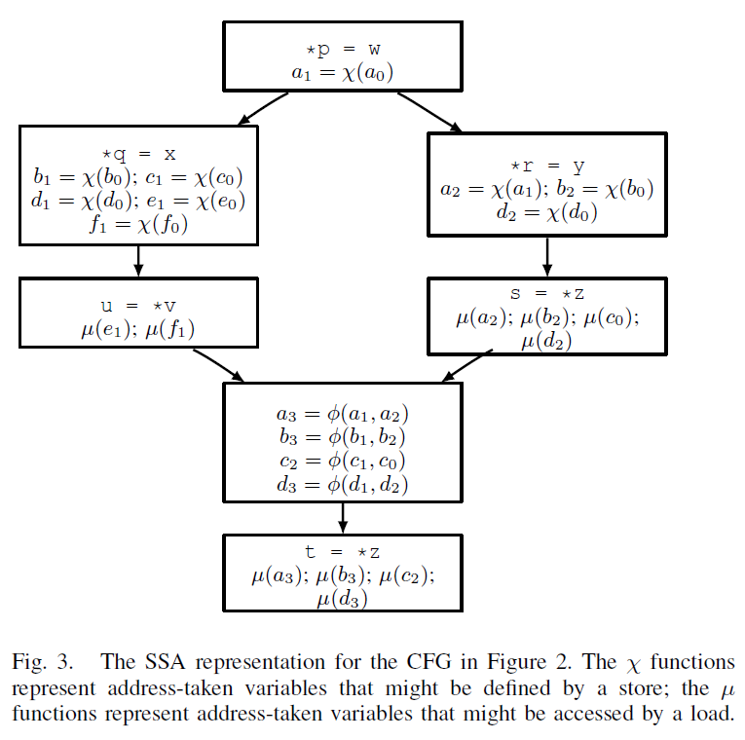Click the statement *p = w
[341, 49]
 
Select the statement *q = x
[138, 153]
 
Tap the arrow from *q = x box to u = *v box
[138, 261]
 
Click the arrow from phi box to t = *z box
[342, 516]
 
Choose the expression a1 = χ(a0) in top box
[341, 71]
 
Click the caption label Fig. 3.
[44, 663]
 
